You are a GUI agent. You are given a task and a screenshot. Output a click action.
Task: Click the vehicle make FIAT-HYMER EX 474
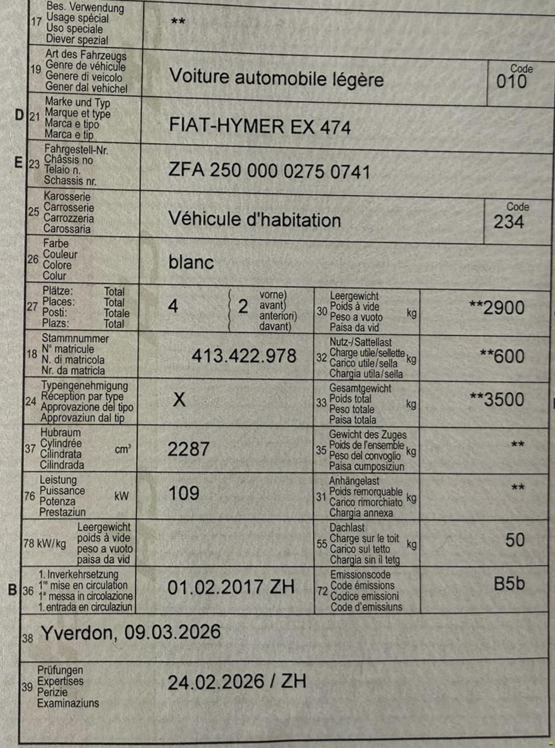point(260,126)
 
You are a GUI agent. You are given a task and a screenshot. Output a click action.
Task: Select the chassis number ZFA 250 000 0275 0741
point(269,172)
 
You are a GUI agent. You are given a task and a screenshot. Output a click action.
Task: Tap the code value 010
point(511,81)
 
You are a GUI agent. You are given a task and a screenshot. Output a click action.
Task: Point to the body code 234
point(509,221)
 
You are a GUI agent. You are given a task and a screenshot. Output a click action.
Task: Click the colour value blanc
point(191,262)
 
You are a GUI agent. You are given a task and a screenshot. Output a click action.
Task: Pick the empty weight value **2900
point(497,307)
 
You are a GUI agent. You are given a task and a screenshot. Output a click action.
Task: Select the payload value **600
point(501,356)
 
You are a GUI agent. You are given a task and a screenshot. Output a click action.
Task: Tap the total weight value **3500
point(497,400)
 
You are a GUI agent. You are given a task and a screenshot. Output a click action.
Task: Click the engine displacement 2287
point(188,449)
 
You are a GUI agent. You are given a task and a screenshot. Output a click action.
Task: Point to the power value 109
point(184,494)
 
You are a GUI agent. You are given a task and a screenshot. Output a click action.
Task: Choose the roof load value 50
point(515,540)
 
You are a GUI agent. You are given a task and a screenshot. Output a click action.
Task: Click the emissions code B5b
point(509,584)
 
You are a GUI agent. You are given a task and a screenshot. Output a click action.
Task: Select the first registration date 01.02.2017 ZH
point(231,587)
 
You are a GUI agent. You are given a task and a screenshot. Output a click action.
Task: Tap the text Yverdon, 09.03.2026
point(130,632)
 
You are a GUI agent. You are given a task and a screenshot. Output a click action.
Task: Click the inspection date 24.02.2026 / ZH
point(237,682)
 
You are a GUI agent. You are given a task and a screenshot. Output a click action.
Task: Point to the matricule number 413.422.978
point(244,355)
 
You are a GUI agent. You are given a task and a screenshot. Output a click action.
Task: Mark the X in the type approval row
point(180,400)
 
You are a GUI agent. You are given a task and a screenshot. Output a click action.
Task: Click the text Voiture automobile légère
point(276,78)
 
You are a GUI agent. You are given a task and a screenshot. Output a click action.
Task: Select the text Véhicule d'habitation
point(254,219)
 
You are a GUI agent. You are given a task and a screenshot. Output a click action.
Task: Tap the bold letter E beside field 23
point(18,162)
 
